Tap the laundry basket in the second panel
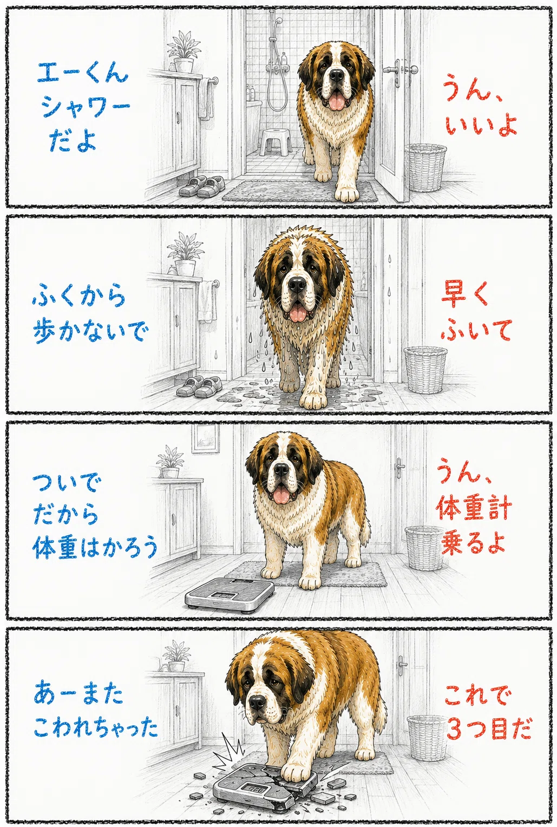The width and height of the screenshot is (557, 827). pos(425,370)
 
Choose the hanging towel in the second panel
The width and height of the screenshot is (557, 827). pos(207,301)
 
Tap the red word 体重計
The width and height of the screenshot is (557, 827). pos(474,509)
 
